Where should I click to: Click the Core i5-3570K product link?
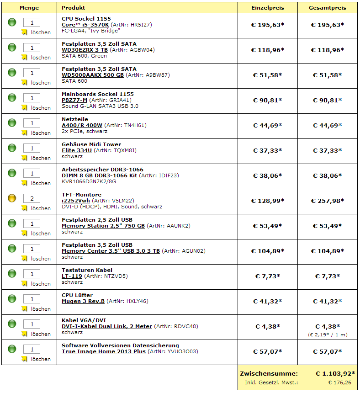(85, 25)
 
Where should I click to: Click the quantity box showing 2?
(32, 198)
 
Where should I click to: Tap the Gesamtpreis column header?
(328, 8)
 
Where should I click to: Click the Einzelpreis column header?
(268, 8)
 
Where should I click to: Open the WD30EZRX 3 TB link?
(88, 50)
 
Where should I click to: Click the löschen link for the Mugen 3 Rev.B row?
(41, 309)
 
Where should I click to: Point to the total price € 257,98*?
(328, 201)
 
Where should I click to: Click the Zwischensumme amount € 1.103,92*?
(335, 373)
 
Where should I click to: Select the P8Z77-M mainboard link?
(74, 100)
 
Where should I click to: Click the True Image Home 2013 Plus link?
(104, 351)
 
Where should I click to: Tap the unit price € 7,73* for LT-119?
(268, 276)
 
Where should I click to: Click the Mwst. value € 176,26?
(340, 382)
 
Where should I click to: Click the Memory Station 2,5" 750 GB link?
(103, 226)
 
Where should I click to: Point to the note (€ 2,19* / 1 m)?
(328, 335)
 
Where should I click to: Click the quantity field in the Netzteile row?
(32, 123)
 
